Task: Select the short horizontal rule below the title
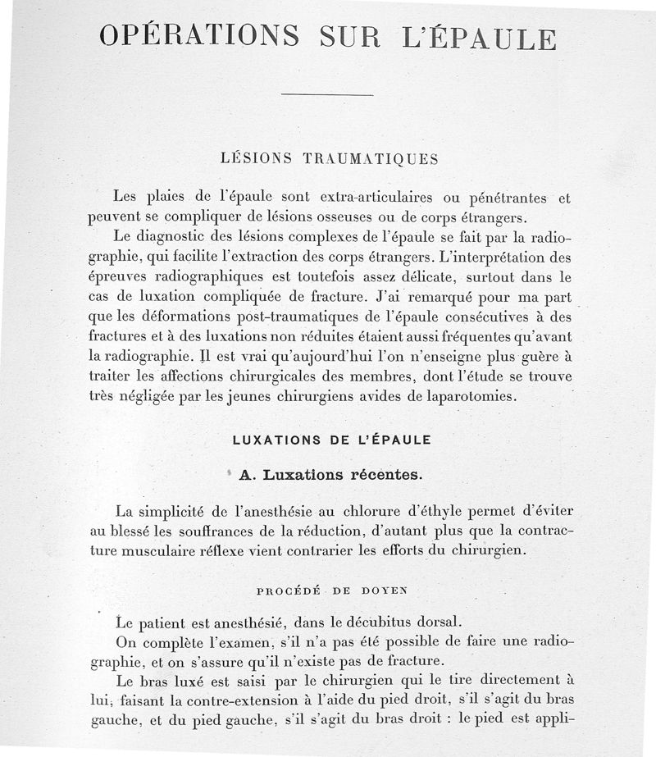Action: (326, 96)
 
